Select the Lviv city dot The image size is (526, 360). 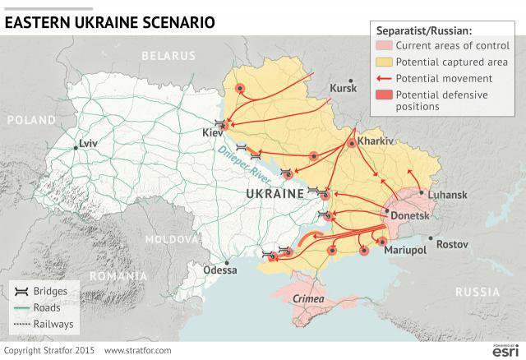(76, 147)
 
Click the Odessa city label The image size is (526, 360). (219, 269)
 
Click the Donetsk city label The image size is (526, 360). (409, 215)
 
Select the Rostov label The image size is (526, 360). (452, 244)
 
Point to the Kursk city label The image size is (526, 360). (343, 87)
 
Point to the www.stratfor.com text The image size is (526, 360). (138, 351)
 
